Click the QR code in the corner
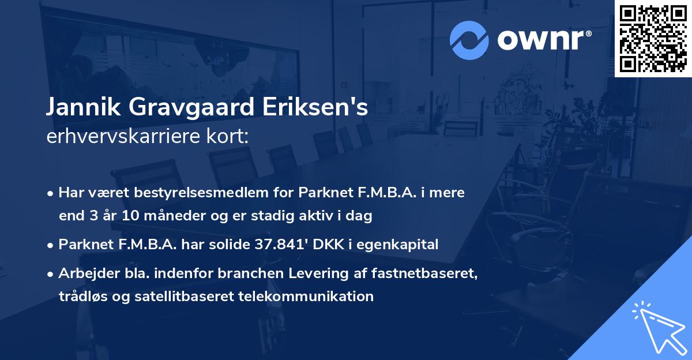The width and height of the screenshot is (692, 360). (653, 38)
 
